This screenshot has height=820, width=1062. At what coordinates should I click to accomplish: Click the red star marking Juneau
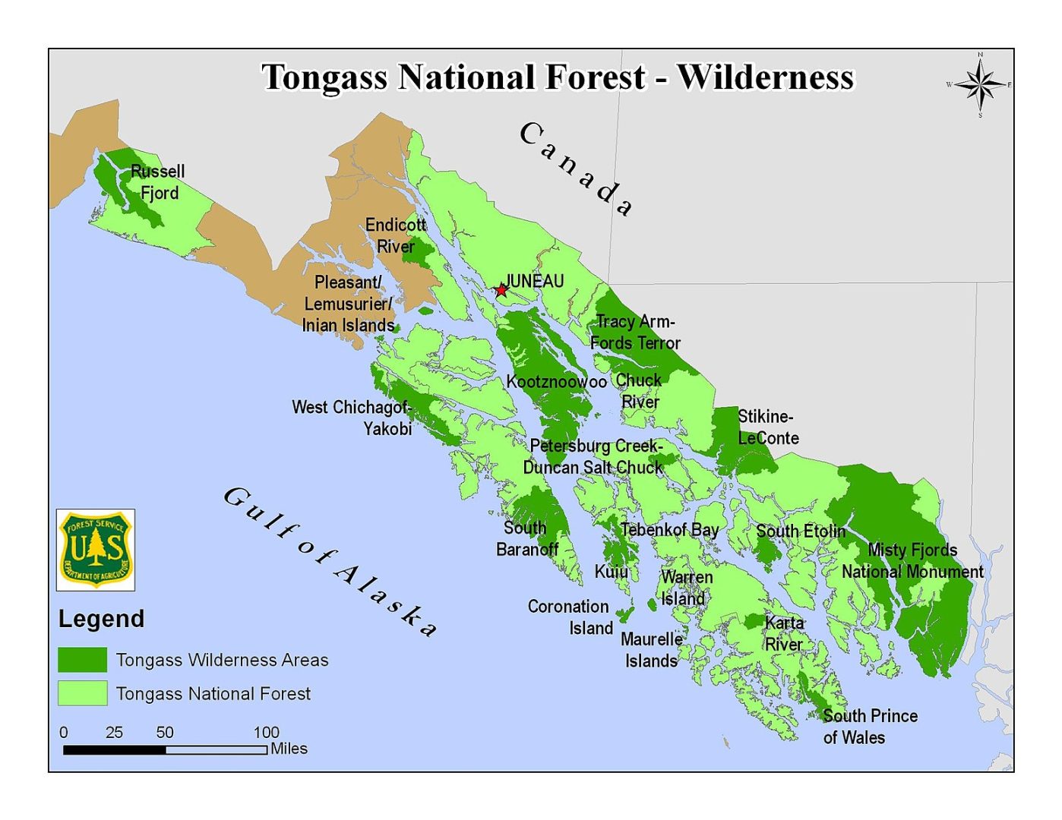point(501,290)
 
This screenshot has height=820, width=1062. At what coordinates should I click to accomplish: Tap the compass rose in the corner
point(979,85)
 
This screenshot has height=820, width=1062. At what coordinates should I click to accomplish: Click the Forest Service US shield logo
point(96,550)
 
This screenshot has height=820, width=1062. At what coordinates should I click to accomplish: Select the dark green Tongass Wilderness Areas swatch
point(82,660)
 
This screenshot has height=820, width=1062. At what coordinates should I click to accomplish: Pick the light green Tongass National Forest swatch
point(82,693)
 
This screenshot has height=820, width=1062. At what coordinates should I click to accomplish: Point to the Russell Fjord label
point(158,182)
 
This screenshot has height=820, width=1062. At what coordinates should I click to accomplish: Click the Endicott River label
point(396,235)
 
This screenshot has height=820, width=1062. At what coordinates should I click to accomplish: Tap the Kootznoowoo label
point(556,381)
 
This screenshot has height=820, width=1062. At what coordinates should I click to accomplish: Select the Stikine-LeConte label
point(767,427)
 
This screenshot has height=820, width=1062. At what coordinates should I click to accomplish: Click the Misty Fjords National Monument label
point(912,560)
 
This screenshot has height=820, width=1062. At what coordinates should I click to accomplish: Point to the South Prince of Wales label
point(869,727)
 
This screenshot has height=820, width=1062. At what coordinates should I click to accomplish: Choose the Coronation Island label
point(570,617)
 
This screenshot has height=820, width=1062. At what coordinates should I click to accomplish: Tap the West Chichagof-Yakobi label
point(352,418)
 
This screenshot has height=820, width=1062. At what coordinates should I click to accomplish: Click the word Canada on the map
point(577,169)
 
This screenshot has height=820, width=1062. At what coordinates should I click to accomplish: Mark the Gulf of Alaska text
point(330,561)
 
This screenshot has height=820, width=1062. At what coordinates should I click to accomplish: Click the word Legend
point(101,619)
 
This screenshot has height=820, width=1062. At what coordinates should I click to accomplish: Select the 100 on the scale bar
point(266,732)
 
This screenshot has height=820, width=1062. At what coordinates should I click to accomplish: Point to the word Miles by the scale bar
point(289,749)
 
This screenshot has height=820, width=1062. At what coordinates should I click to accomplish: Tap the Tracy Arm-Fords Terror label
point(635,333)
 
